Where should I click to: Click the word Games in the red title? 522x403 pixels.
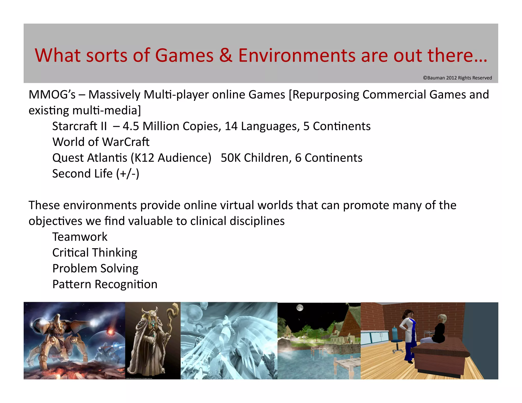click(x=184, y=55)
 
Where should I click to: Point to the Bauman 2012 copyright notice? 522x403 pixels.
click(x=457, y=78)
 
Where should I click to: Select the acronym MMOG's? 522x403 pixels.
click(x=52, y=95)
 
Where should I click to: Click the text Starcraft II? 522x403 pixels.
click(x=80, y=126)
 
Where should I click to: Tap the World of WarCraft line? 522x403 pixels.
click(x=101, y=142)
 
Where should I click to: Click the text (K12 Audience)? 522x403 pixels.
click(x=171, y=158)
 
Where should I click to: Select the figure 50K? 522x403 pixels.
click(x=230, y=158)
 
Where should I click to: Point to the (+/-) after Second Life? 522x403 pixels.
click(x=128, y=174)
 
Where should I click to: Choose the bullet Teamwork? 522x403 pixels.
click(x=80, y=237)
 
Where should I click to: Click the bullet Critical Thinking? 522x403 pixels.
click(x=95, y=253)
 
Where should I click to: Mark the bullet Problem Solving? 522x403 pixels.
click(x=95, y=268)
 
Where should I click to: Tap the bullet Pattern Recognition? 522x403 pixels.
click(x=105, y=284)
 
